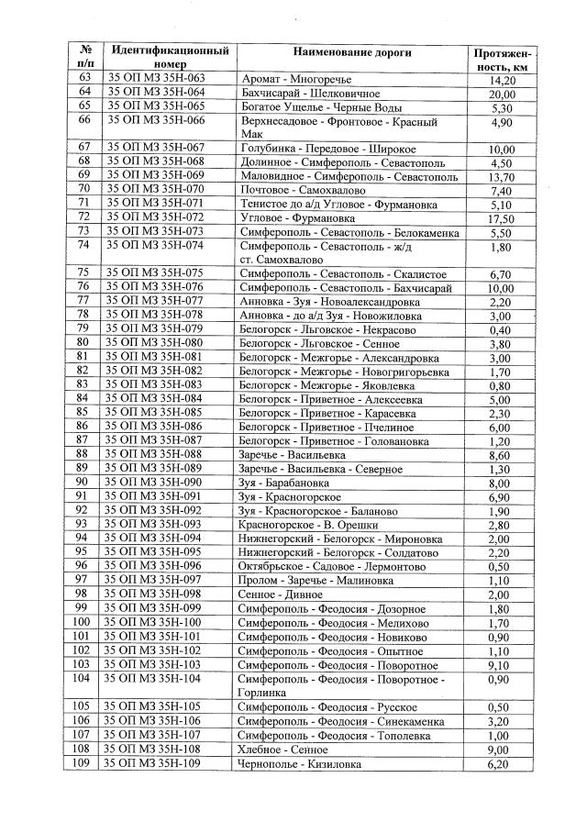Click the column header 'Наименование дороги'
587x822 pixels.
pos(353,52)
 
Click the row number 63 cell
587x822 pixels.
pos(84,79)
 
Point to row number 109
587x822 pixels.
pos(84,764)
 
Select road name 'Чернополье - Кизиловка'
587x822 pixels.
pos(300,764)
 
